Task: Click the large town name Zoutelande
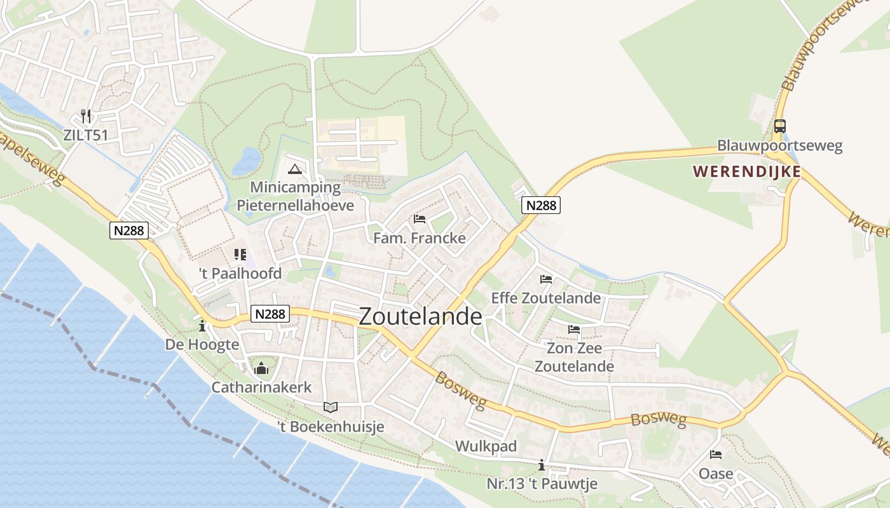coord(420,316)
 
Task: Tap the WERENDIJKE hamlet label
coord(746,171)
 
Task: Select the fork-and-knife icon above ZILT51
coord(86,116)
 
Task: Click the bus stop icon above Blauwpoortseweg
coord(779,126)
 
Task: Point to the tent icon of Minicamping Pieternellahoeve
coord(294,169)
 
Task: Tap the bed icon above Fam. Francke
coord(420,219)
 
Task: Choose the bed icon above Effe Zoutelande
coord(545,279)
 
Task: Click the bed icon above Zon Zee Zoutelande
coord(574,329)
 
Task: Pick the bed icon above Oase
coord(716,455)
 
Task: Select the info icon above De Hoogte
coord(202,326)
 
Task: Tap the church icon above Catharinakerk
coord(261,368)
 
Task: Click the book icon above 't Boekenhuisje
coord(331,407)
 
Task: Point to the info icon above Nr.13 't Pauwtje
coord(542,465)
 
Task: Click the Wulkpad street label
coord(486,446)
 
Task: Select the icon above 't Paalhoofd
coord(240,255)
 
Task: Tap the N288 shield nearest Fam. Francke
coord(541,205)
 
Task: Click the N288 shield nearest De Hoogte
coord(271,313)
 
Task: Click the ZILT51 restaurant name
coord(86,135)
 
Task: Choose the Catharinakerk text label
coord(261,387)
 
